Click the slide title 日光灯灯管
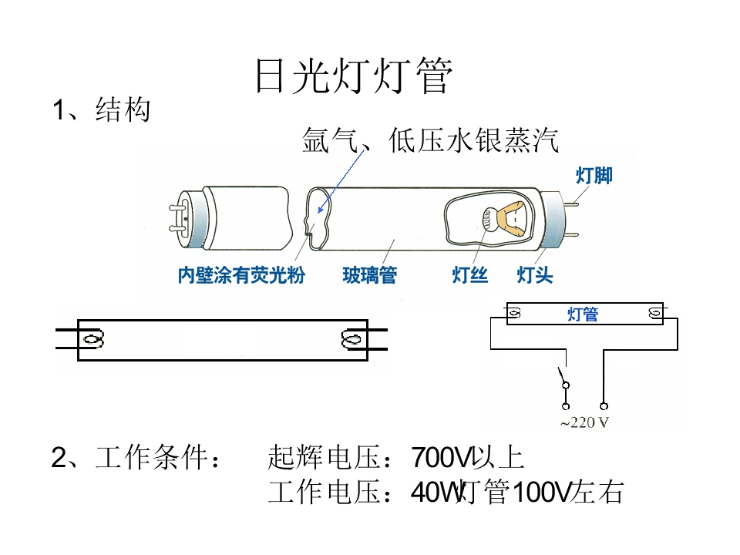pos(354,76)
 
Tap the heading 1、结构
pos(102,110)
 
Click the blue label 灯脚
pos(594,176)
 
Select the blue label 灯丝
pos(469,274)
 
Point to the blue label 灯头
pos(535,274)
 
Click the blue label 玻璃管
pos(370,274)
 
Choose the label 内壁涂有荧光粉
pos(241,274)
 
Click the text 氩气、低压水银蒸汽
pos(430,140)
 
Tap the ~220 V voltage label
pos(584,422)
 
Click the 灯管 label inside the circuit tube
pos(583,314)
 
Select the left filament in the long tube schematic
pos(93,339)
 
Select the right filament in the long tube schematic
pos(352,339)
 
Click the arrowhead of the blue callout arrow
pos(320,210)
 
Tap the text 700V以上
pos(468,457)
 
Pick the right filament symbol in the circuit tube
pos(655,313)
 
